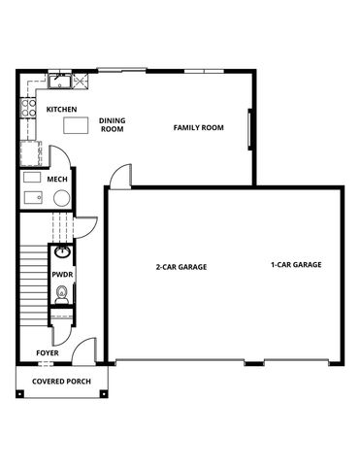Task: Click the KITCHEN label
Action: coord(61,110)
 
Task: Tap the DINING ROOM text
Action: coord(112,125)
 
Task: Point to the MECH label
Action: coord(56,180)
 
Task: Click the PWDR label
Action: coord(61,275)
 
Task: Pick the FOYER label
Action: coord(48,352)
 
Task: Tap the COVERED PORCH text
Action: coord(61,382)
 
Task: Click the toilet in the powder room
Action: coord(63,295)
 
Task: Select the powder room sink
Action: coord(62,254)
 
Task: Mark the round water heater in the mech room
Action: coord(61,198)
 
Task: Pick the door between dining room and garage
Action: coord(120,178)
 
